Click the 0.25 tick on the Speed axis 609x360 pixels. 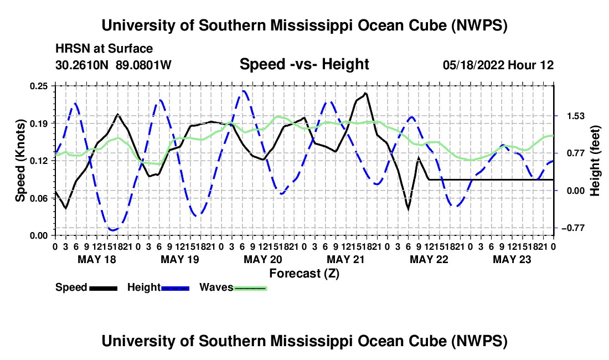(39, 86)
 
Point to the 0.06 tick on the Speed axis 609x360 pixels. (39, 198)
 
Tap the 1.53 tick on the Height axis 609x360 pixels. (576, 116)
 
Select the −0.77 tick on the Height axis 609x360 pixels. (573, 228)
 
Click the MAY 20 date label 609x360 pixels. (263, 259)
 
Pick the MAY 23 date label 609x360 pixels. (512, 259)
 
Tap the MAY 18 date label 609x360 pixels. (97, 259)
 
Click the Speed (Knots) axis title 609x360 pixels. (20, 161)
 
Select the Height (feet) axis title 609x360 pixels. (595, 161)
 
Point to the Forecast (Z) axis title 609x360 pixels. (304, 274)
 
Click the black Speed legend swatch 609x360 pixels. (104, 288)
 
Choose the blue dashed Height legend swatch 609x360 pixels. (175, 288)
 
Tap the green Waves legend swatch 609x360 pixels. (250, 288)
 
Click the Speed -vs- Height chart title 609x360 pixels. (304, 64)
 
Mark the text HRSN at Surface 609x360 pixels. (104, 49)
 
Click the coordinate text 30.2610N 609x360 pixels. (82, 65)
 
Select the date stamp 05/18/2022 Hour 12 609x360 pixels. (498, 65)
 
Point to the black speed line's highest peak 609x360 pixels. (365, 93)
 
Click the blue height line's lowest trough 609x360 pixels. (113, 230)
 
